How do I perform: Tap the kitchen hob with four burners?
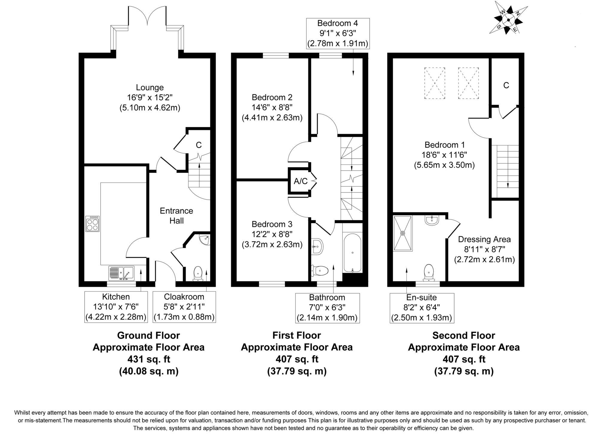[x=92, y=224]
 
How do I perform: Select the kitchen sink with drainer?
[x=122, y=273]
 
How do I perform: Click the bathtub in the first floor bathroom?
[x=353, y=253]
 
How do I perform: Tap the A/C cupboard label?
[x=301, y=181]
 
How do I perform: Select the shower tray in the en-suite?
[x=403, y=233]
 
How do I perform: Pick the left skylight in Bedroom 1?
[x=435, y=83]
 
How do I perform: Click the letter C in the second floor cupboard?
[x=506, y=86]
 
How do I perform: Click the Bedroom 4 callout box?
[x=338, y=33]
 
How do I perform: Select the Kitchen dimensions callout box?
[x=116, y=307]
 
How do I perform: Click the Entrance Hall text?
[x=176, y=216]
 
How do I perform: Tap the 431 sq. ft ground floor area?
[x=149, y=359]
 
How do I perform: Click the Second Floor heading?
[x=464, y=335]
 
